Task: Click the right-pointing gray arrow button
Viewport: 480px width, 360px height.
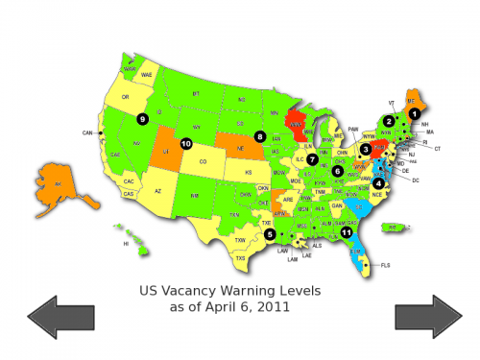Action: [428, 317]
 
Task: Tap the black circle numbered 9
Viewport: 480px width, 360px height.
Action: [141, 118]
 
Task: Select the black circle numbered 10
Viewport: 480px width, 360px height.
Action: [185, 143]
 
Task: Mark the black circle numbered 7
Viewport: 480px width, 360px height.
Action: [312, 158]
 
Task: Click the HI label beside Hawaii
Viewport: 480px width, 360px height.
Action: [125, 244]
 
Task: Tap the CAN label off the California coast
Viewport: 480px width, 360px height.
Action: [87, 132]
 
